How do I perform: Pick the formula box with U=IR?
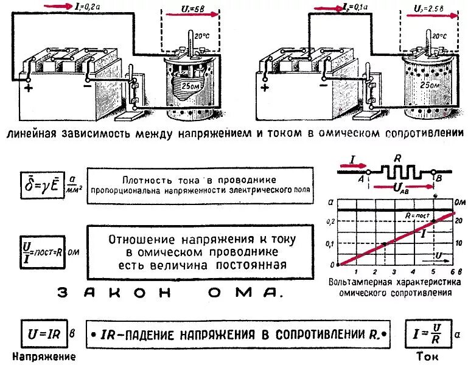point(43,334)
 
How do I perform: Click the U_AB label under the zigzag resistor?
point(403,189)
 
